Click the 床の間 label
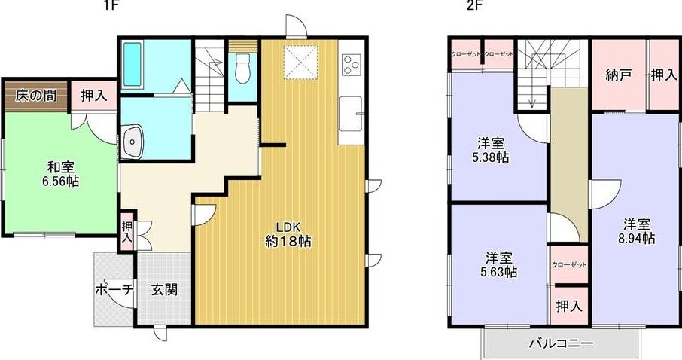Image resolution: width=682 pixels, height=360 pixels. (x=36, y=96)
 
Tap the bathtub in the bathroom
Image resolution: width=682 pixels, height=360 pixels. (x=132, y=65)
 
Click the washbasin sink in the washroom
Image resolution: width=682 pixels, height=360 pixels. (x=132, y=142)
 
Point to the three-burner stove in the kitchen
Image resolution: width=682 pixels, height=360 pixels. (x=351, y=65)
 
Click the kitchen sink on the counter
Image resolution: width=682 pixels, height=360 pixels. (x=351, y=114)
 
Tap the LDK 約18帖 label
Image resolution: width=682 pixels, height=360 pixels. (x=288, y=234)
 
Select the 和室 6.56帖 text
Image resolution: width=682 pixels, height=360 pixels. (x=61, y=174)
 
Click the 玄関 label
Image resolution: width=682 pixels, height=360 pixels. (x=164, y=290)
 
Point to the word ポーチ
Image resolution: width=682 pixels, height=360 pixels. (x=114, y=290)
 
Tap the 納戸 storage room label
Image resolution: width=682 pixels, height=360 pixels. (x=619, y=76)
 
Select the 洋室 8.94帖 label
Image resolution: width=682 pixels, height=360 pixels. (x=637, y=231)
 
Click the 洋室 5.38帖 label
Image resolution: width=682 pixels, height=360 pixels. (x=491, y=150)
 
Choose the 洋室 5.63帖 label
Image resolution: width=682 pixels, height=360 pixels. (x=498, y=265)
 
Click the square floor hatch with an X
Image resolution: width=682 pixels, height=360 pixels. (x=300, y=63)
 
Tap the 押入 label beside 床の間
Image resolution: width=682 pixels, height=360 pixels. (x=94, y=96)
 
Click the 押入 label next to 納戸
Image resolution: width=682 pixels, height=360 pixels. (x=664, y=76)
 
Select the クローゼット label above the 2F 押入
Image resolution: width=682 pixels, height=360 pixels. (x=569, y=264)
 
